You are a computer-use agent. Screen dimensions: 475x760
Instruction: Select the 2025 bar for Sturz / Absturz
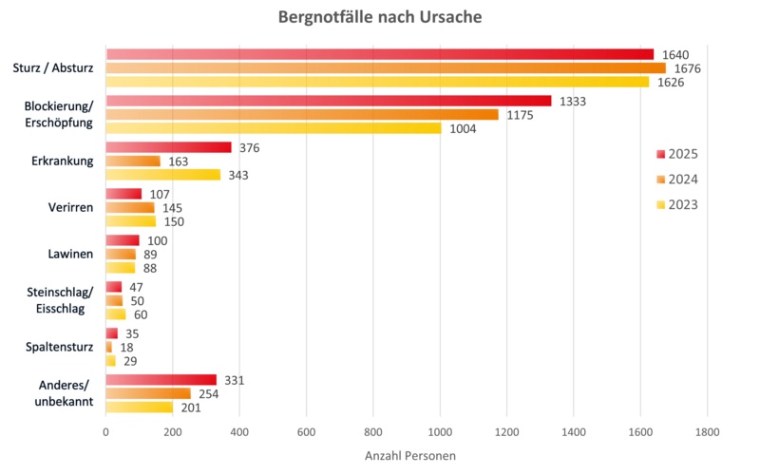(x=380, y=54)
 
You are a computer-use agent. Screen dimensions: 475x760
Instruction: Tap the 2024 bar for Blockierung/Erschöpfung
(x=302, y=115)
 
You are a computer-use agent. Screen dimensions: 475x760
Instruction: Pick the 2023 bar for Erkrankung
(x=163, y=175)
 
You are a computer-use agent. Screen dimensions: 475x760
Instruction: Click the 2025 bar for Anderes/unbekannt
(x=161, y=380)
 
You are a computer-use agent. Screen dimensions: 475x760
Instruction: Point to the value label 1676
(x=687, y=68)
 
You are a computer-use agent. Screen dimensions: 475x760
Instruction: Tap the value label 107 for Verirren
(x=161, y=194)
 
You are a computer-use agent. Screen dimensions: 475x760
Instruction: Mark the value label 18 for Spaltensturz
(x=125, y=348)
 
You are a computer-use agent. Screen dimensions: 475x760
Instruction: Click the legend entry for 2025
(x=677, y=154)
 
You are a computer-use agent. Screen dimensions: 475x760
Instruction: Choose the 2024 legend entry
(x=677, y=179)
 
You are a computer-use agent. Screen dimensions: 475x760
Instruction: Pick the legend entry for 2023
(x=677, y=203)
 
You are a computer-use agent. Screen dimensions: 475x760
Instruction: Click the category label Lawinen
(x=70, y=255)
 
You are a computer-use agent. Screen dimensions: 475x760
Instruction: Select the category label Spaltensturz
(x=59, y=348)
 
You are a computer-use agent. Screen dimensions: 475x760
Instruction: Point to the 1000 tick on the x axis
(x=440, y=432)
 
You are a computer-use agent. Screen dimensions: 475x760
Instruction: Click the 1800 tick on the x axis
(x=707, y=432)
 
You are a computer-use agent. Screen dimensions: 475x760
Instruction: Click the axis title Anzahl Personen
(x=409, y=456)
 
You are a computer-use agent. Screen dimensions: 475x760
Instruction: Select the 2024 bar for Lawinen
(x=121, y=255)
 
